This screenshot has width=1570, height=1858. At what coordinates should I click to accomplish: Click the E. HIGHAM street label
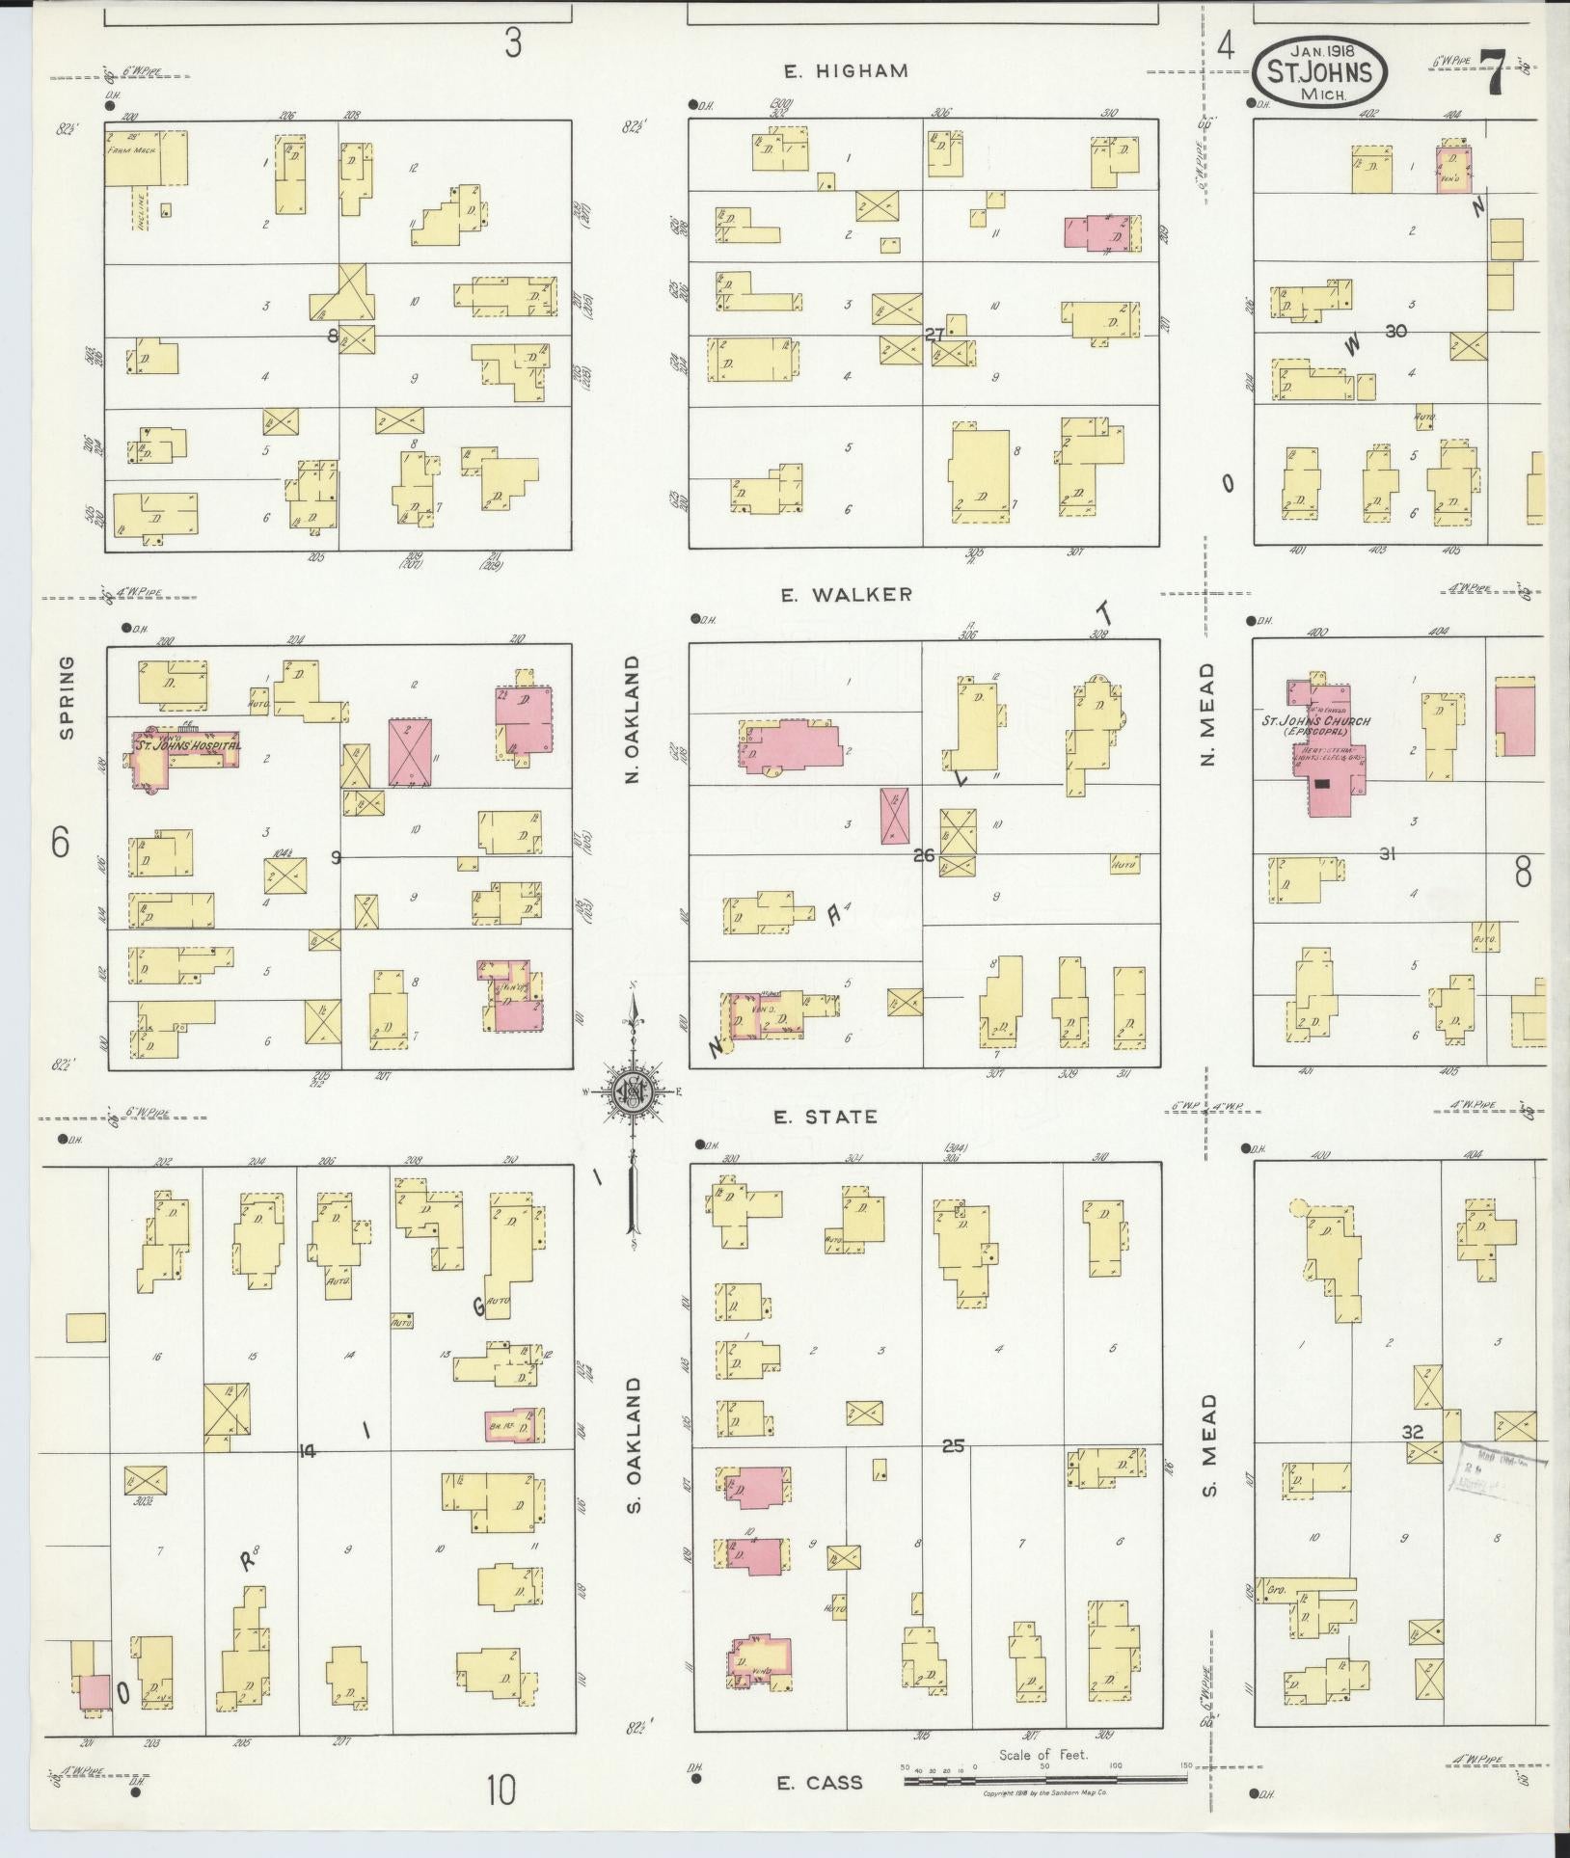(846, 70)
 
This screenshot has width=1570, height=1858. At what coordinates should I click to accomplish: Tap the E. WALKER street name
(846, 595)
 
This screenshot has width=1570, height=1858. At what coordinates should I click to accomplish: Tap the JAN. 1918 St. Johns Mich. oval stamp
(1320, 72)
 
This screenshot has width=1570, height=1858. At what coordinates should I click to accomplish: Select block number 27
(933, 335)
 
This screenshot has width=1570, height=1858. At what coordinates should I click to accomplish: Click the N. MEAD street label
(1209, 713)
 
